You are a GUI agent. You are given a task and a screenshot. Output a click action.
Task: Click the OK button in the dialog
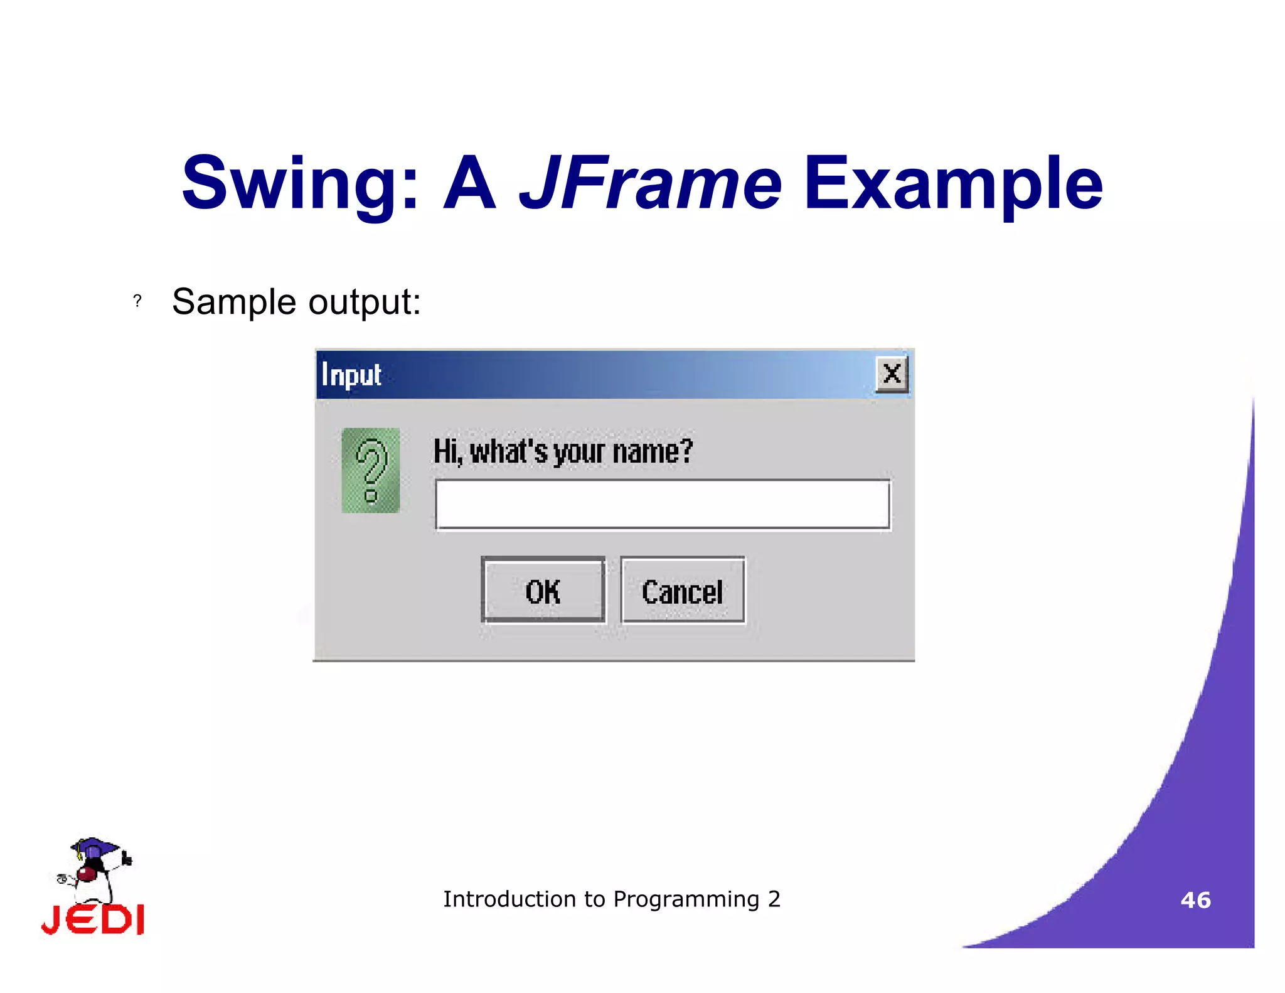543,591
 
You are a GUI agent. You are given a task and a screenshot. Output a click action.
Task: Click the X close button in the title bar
892,375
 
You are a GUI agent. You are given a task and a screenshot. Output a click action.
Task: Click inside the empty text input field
663,505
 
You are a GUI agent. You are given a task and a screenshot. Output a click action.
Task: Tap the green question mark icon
371,471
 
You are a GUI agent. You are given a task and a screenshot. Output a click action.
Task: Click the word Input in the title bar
351,375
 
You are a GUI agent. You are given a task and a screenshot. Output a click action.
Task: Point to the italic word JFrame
650,183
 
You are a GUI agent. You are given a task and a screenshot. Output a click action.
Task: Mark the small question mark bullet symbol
137,301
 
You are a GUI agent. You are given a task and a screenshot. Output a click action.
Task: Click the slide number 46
1195,900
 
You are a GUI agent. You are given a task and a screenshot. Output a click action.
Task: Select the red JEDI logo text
93,920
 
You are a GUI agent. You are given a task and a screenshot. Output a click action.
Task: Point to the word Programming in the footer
686,899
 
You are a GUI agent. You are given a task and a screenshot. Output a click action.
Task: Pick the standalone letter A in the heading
469,183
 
